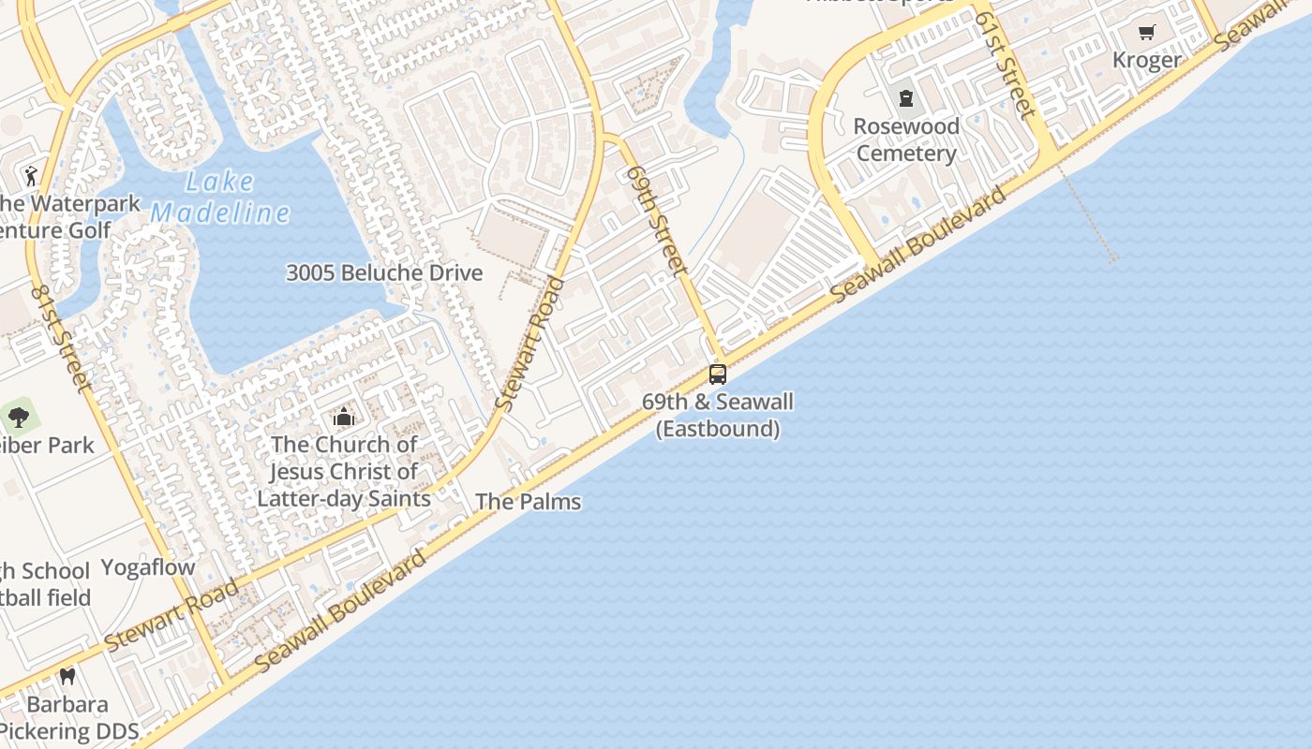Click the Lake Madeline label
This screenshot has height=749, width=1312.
point(221,197)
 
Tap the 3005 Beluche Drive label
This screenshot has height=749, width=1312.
point(384,272)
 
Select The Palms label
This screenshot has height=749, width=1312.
point(528,502)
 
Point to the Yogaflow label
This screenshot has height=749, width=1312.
point(147,567)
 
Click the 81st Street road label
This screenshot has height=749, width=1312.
point(61,338)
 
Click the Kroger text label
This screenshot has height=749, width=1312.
point(1146,60)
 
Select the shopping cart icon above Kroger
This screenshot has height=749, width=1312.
point(1146,33)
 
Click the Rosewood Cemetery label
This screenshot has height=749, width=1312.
point(906,140)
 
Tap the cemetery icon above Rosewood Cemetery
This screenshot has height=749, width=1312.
point(906,97)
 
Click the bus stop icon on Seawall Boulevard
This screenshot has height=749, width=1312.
point(718,374)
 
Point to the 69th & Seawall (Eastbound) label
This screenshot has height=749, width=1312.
point(718,416)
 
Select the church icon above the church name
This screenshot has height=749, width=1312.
point(344,417)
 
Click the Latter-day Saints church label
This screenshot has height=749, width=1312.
point(344,472)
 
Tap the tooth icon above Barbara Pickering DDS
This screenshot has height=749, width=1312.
point(67,676)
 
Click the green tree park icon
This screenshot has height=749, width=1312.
point(18,417)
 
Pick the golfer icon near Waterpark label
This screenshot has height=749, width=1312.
point(31,175)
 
